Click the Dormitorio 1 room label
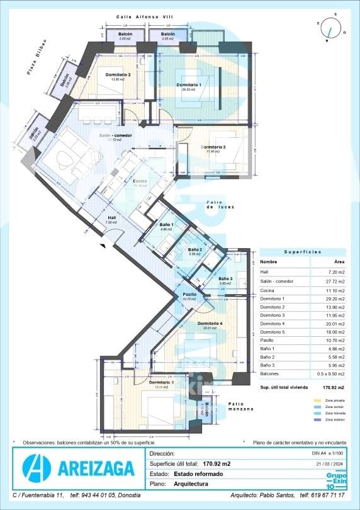tap(189, 85)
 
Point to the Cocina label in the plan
tap(140, 181)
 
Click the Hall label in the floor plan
tap(111, 218)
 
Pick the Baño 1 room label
tap(166, 225)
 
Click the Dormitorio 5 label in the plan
tap(162, 382)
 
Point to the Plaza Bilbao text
tap(37, 62)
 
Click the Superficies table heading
tap(302, 251)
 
